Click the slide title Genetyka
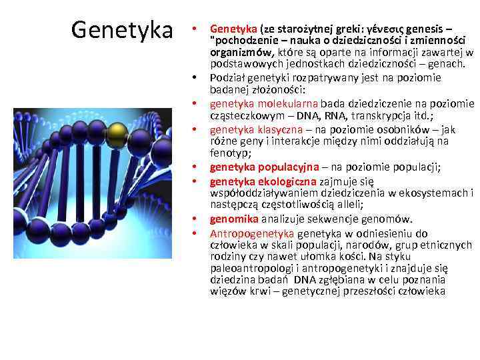pos(121,29)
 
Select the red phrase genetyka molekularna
pos(264,103)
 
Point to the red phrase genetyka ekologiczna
pos(258,181)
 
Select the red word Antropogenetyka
pos(251,233)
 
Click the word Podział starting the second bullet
pos(229,78)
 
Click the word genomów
pos(388,219)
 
